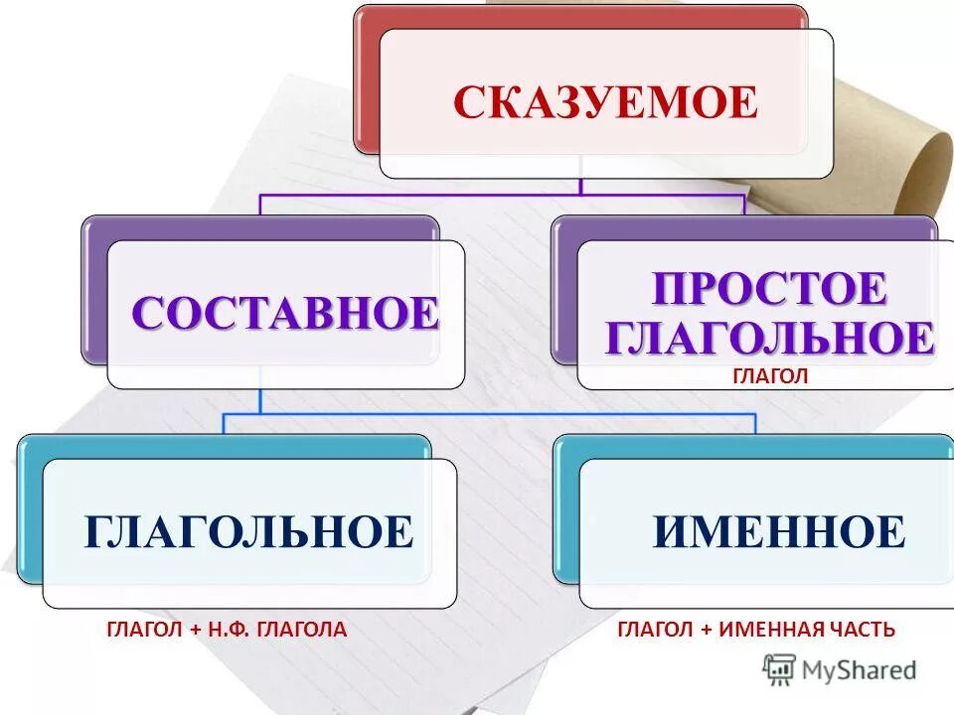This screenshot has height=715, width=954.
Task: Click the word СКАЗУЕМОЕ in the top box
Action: point(605,103)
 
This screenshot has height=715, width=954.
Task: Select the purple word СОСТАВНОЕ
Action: point(285,314)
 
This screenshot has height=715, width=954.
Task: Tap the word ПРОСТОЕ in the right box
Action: point(769,290)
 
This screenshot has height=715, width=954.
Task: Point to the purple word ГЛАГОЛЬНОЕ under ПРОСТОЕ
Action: point(769,338)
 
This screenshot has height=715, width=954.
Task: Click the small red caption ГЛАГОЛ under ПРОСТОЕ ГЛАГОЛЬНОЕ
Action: point(771,375)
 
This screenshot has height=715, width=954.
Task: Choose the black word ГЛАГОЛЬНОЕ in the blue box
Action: point(248,532)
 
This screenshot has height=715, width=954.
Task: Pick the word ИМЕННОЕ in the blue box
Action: point(779,532)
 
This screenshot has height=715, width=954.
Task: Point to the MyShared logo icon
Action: point(779,668)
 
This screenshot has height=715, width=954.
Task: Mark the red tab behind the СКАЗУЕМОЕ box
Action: point(366,79)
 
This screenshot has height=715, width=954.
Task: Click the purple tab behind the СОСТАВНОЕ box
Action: point(94,288)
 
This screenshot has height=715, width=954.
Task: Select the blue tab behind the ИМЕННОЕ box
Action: point(565,506)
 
